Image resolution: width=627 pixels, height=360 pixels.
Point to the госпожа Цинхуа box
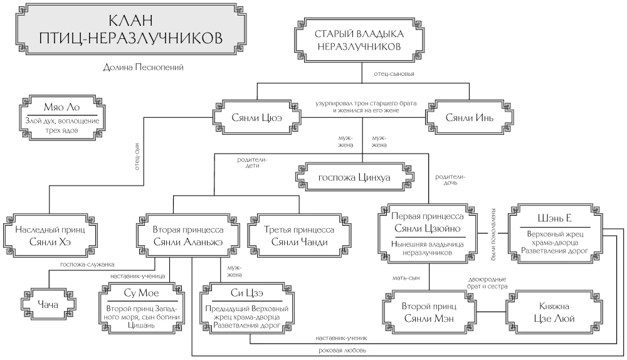click(x=354, y=177)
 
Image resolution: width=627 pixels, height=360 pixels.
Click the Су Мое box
click(x=140, y=307)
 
